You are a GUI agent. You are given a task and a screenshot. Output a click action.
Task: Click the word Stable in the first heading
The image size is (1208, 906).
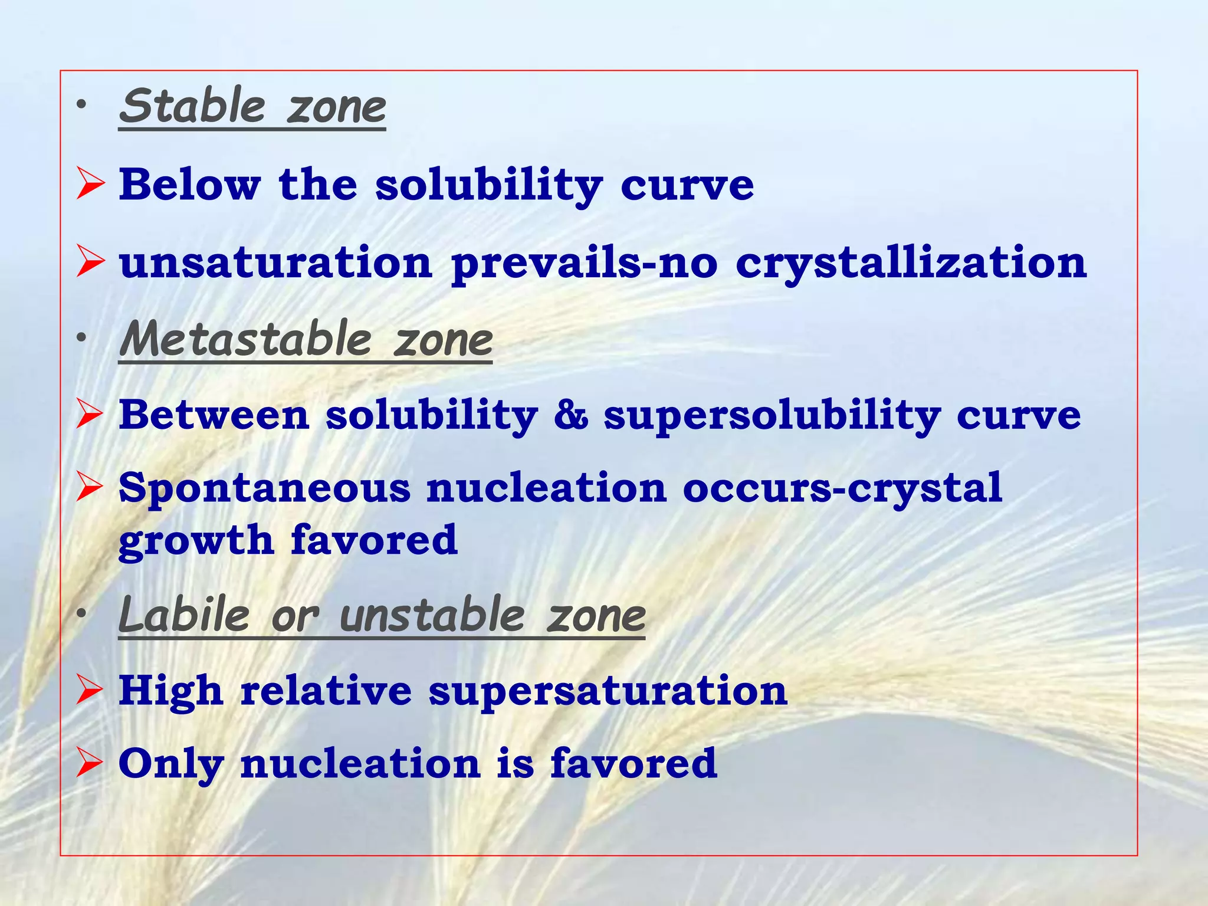[x=192, y=106]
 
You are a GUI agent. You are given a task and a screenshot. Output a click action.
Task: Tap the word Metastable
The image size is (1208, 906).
[x=245, y=340]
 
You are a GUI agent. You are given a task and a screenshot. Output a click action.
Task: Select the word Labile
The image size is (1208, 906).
[x=185, y=615]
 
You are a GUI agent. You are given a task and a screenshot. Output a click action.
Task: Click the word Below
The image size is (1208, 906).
[x=189, y=185]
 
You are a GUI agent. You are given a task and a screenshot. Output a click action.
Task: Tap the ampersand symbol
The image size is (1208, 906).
[x=570, y=415]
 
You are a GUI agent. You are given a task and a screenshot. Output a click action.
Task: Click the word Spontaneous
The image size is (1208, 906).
[x=264, y=489]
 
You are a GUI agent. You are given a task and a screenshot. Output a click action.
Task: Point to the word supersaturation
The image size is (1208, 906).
[x=608, y=691]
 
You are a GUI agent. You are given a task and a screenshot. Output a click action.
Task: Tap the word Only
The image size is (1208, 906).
[x=171, y=764]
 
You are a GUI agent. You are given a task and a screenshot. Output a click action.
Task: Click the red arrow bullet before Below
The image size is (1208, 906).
[x=90, y=185]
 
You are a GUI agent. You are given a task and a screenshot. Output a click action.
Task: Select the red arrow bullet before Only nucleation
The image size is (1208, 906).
[x=90, y=764]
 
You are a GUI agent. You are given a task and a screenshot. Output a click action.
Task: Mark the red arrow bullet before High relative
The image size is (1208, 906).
[x=90, y=691]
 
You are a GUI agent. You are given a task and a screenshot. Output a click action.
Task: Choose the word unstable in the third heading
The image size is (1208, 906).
[x=432, y=615]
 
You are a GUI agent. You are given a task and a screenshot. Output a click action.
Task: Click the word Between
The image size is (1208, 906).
[x=214, y=415]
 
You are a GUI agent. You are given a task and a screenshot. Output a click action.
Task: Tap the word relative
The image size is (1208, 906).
[x=326, y=691]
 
